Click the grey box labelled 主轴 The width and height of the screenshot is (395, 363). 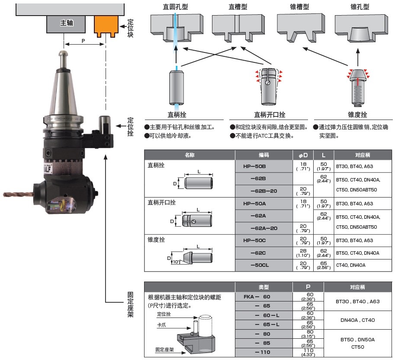[x=67, y=23]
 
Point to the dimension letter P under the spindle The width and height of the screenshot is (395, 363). [x=83, y=40]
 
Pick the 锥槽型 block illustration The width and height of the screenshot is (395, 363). [x=299, y=29]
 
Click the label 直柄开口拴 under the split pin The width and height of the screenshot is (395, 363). [x=270, y=115]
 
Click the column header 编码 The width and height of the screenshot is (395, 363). [x=263, y=155]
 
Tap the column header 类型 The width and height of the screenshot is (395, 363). [x=263, y=287]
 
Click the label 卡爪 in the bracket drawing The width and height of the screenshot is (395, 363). [x=162, y=324]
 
